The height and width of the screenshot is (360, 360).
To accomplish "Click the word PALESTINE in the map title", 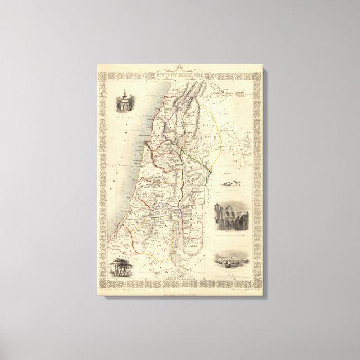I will click(x=188, y=76).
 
